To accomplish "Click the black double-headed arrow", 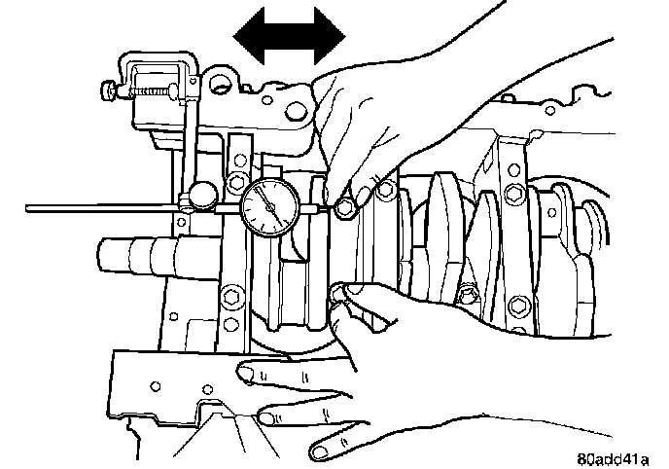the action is [290, 36].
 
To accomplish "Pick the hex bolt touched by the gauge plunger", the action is [342, 206].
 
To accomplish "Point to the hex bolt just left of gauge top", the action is [235, 185].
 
